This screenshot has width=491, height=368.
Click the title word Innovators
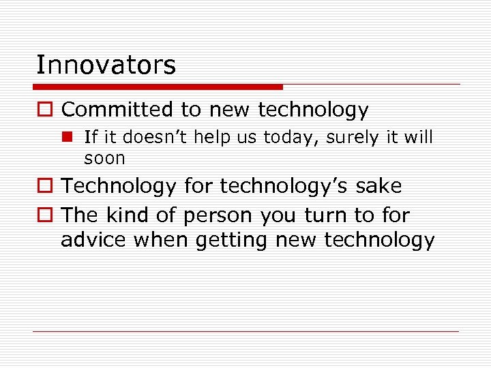click(x=106, y=65)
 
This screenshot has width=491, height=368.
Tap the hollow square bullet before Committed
click(x=44, y=110)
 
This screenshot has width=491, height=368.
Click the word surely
click(x=353, y=138)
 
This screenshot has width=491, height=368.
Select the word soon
click(x=104, y=159)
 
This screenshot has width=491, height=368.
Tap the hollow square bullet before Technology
click(x=44, y=187)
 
